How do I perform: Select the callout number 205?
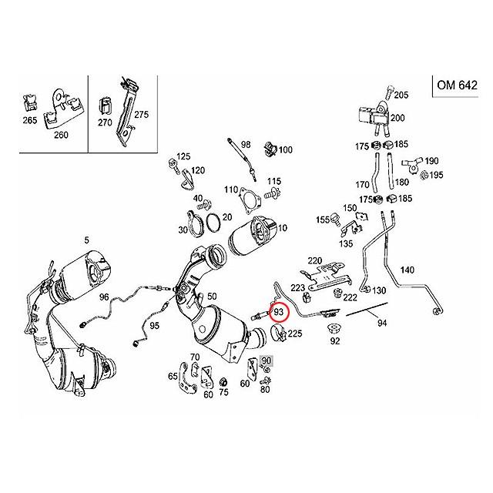pyautogui.click(x=401, y=95)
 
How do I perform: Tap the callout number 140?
pyautogui.click(x=407, y=269)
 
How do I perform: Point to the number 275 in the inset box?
pyautogui.click(x=141, y=114)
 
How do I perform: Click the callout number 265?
pyautogui.click(x=30, y=122)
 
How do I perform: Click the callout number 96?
pyautogui.click(x=103, y=296)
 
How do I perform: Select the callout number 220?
pyautogui.click(x=315, y=260)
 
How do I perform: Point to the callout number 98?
pyautogui.click(x=246, y=145)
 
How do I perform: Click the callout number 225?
pyautogui.click(x=295, y=334)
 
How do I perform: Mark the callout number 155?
pyautogui.click(x=322, y=220)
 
